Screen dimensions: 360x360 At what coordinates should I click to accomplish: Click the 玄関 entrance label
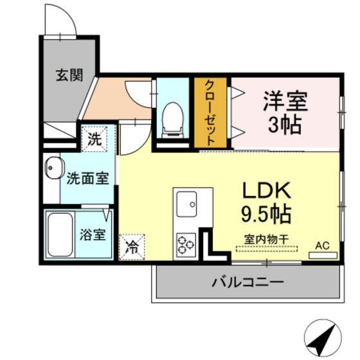point(69,75)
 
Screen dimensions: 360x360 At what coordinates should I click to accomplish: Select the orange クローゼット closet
point(210,113)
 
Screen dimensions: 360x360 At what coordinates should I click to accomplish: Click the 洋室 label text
point(285,101)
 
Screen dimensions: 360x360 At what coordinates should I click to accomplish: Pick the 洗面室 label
point(87,177)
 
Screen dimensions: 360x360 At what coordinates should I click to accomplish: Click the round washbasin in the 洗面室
point(52,170)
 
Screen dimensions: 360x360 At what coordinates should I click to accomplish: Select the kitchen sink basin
point(190,204)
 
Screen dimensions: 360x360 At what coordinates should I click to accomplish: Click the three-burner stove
point(186,245)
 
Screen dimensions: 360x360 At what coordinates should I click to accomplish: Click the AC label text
point(321,244)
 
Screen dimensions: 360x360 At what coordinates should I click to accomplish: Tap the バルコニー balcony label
point(248,282)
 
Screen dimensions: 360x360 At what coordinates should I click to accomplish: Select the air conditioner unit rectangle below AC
point(323,255)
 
